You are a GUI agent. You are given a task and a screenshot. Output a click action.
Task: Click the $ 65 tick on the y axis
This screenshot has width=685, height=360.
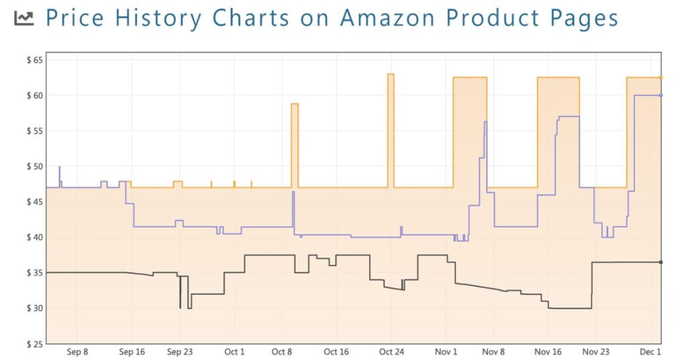pyautogui.click(x=33, y=60)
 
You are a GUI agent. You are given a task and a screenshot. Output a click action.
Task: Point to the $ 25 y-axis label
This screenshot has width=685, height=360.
pyautogui.click(x=33, y=344)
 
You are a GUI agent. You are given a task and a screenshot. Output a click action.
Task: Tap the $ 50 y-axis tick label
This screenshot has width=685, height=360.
pyautogui.click(x=33, y=167)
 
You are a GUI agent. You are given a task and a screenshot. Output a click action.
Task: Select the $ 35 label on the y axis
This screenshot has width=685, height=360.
pyautogui.click(x=33, y=273)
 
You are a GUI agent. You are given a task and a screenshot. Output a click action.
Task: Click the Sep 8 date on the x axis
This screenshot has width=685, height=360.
pyautogui.click(x=78, y=352)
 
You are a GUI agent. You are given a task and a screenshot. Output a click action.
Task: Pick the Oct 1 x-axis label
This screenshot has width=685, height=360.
pyautogui.click(x=234, y=352)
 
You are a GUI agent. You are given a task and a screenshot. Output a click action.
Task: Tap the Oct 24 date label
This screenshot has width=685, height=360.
pyautogui.click(x=391, y=352)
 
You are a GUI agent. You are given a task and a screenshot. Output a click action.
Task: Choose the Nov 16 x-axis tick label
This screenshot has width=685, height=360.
pyautogui.click(x=548, y=352)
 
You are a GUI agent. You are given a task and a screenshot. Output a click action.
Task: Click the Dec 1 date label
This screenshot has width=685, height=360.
pyautogui.click(x=650, y=352)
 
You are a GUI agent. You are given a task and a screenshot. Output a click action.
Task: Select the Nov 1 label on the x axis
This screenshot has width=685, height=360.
pyautogui.click(x=446, y=352)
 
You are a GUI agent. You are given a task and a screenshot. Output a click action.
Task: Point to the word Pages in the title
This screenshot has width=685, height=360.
pyautogui.click(x=586, y=18)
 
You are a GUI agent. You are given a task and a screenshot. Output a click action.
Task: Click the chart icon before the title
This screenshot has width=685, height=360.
pyautogui.click(x=24, y=19)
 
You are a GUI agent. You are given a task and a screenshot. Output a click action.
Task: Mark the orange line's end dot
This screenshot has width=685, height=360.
pyautogui.click(x=661, y=78)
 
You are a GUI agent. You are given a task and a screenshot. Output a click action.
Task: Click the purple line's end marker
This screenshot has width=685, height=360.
pyautogui.click(x=661, y=95)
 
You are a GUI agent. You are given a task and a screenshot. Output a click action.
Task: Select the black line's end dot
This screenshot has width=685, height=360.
pyautogui.click(x=661, y=262)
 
